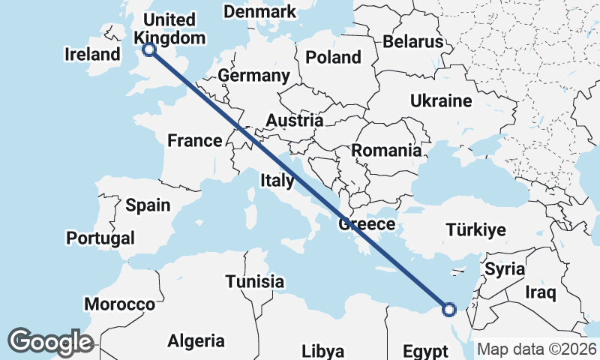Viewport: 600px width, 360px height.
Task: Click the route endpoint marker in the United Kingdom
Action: click(148, 49)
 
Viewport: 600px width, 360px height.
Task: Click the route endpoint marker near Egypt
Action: click(448, 308)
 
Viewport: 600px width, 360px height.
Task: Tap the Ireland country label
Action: click(92, 54)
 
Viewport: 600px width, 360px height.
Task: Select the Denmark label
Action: click(260, 12)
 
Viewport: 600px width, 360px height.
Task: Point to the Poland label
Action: click(333, 57)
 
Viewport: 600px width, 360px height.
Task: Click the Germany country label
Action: click(253, 76)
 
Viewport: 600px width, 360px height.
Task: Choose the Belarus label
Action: click(413, 42)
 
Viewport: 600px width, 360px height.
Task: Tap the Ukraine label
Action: click(441, 101)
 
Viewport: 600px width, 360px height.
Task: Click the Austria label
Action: click(295, 120)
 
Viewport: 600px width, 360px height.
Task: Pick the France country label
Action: click(194, 140)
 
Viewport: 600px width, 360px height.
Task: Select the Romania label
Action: click(386, 150)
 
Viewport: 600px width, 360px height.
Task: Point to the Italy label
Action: click(277, 180)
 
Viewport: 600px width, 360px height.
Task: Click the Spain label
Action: click(148, 205)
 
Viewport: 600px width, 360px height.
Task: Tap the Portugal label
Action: click(100, 238)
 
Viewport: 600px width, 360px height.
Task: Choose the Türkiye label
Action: click(475, 230)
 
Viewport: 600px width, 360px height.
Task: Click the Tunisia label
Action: click(255, 282)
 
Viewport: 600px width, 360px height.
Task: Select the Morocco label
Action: click(119, 304)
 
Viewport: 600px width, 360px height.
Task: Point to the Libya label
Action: click(322, 351)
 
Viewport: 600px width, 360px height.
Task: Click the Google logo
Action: click(50, 342)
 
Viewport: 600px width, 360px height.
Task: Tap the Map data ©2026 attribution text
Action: click(537, 349)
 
